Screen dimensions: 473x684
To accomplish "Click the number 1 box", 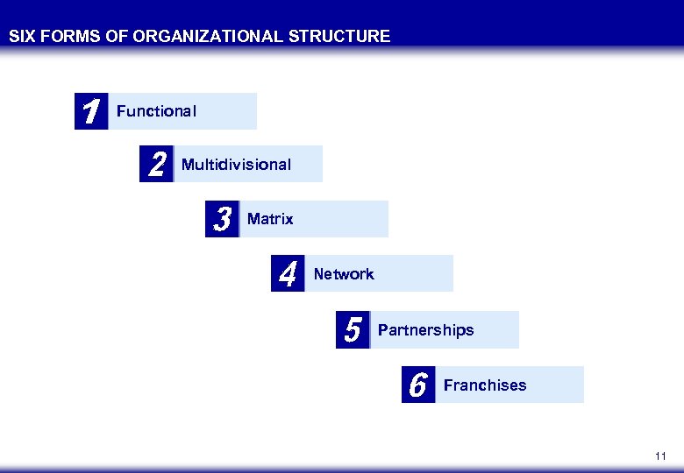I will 90,111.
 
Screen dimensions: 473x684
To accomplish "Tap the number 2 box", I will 156,164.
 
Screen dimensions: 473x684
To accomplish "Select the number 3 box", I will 222,219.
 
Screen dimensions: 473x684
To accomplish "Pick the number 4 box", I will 288,274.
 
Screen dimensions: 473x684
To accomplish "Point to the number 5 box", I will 353,330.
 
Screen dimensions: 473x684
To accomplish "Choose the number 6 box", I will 418,385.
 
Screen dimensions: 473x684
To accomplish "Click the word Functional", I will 156,111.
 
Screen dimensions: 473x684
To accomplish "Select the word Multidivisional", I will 236,165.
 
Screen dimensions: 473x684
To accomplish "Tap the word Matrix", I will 270,219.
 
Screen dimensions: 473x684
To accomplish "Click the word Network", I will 344,274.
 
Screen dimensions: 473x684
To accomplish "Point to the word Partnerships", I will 425,330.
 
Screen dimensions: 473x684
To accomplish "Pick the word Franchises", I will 485,385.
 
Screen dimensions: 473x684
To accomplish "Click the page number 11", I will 660,456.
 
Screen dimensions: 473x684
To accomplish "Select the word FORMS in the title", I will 71,37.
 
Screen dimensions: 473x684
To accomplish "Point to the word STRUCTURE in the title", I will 346,37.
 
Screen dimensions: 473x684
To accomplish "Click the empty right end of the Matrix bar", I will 360,219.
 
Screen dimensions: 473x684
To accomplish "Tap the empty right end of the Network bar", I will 425,274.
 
